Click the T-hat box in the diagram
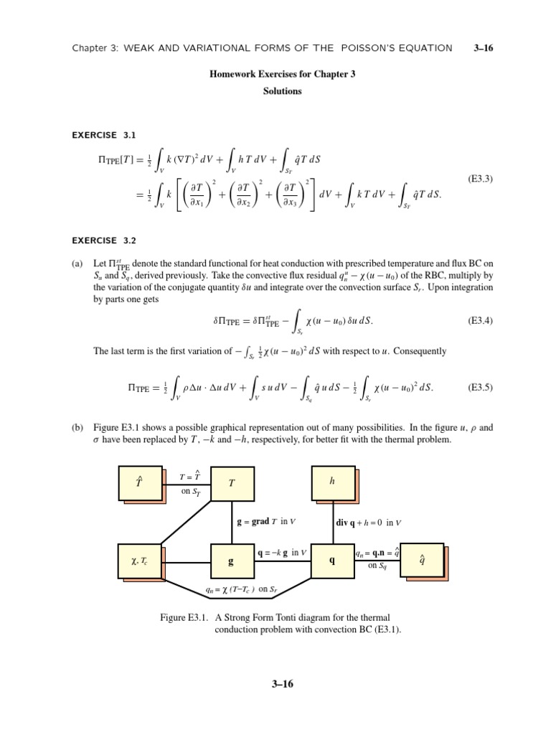[138, 484]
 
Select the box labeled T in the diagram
[231, 484]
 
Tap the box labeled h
[332, 482]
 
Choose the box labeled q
[331, 561]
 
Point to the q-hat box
[422, 561]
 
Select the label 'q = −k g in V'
[282, 553]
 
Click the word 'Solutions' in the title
[282, 91]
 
